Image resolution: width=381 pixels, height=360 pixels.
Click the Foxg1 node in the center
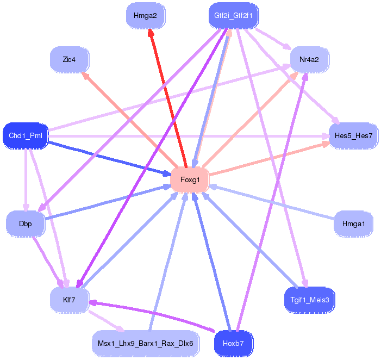(190, 179)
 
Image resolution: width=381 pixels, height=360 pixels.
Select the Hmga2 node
(145, 16)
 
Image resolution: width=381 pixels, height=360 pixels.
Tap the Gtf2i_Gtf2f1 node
(234, 16)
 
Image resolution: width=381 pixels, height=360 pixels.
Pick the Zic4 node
(69, 60)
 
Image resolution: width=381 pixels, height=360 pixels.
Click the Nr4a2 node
(309, 60)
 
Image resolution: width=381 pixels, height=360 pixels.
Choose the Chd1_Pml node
(26, 135)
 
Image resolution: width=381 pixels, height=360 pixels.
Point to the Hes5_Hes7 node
(353, 135)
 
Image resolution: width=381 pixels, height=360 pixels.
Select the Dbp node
(26, 224)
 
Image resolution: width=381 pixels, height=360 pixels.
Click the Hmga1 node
(353, 224)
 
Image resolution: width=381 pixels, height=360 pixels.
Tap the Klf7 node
(69, 300)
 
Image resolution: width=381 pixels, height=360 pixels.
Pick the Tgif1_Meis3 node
(309, 300)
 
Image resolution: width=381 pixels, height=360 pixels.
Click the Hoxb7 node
(234, 344)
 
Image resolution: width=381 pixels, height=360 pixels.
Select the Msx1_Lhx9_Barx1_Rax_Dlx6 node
(145, 344)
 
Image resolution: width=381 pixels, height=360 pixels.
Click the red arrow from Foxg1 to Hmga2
(168, 98)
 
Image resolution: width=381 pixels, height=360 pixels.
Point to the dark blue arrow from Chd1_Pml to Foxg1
(110, 158)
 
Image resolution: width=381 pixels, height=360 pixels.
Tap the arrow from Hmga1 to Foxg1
(272, 202)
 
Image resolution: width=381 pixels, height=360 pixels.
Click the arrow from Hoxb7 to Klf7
(152, 316)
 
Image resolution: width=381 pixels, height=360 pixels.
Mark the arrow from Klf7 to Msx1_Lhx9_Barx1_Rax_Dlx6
(107, 321)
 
